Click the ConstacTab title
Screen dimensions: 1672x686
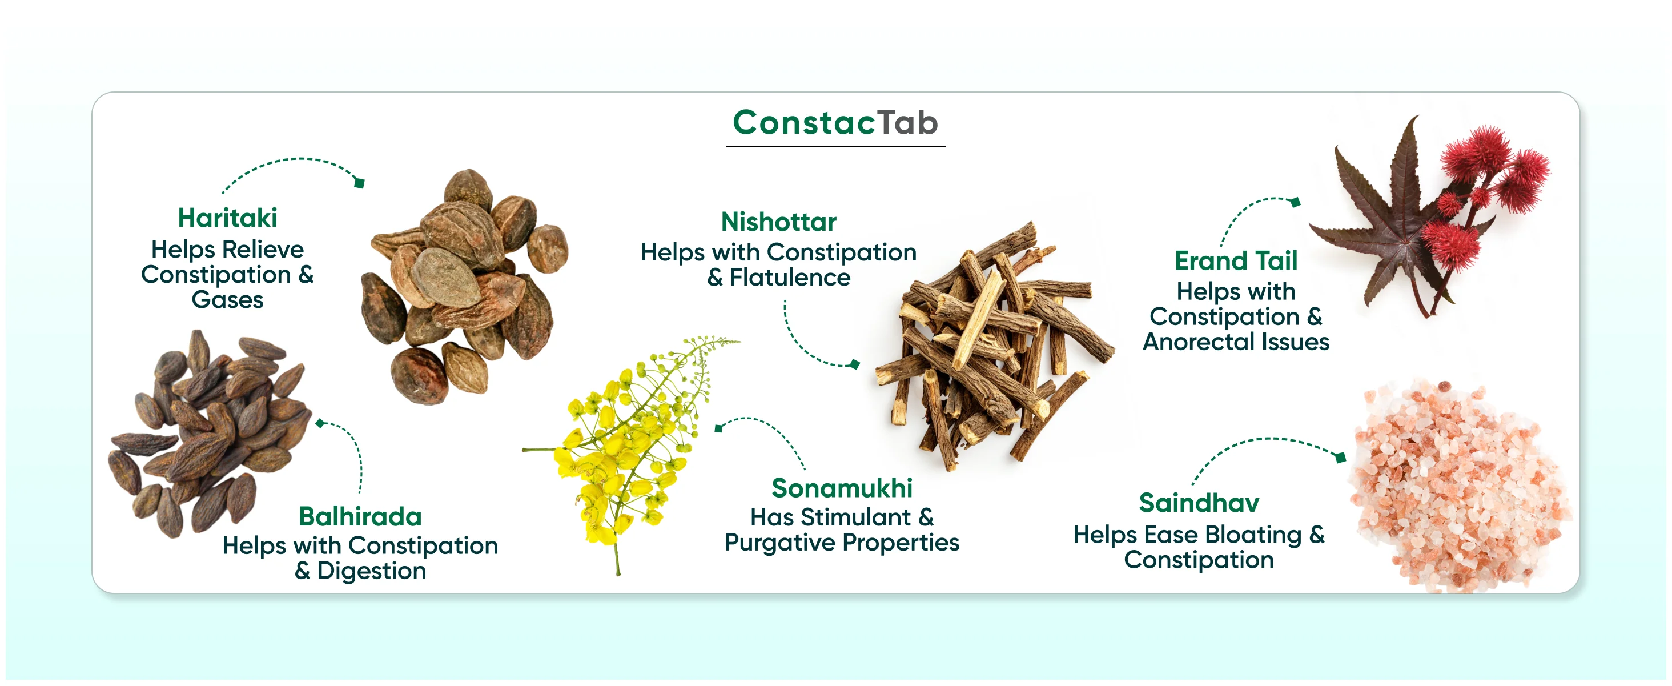[835, 123]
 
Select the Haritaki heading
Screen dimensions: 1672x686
[227, 218]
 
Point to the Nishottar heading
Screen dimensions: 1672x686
[778, 222]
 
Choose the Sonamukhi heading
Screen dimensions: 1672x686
[842, 488]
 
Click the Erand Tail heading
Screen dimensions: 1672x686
[1236, 261]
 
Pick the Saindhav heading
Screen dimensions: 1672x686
[1199, 503]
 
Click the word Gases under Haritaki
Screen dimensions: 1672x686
[227, 300]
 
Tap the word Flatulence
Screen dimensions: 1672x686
[790, 278]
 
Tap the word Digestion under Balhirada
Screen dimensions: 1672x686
[371, 572]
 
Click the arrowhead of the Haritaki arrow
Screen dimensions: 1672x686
[359, 183]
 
